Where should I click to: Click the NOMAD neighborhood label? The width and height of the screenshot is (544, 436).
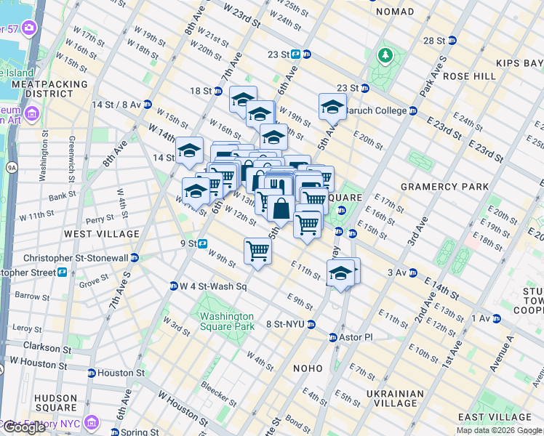pos(393,12)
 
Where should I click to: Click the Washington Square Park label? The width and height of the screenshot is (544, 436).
pos(227,321)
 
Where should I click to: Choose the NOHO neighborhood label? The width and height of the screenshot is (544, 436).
pos(307,368)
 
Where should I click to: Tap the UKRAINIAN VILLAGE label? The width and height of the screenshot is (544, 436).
pos(396,399)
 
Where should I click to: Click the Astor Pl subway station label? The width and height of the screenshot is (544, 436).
pos(354,338)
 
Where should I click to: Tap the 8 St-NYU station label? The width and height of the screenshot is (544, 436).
pos(288,324)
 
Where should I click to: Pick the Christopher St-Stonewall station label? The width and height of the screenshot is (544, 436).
pos(76,258)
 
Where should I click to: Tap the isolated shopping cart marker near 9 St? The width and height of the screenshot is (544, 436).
pos(257,251)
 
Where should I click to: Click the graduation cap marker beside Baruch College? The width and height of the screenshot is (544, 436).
pos(332,106)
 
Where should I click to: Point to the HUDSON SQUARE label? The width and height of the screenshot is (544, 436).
pos(55,403)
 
